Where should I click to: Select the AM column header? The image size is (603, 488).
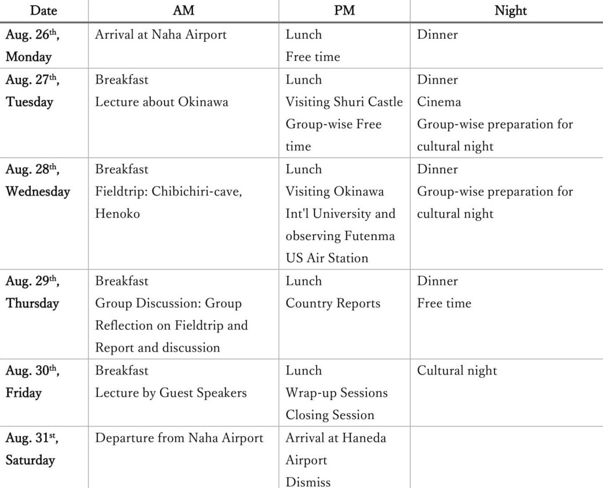click(183, 10)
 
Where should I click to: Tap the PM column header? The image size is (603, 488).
click(344, 10)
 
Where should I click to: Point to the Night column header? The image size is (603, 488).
click(510, 10)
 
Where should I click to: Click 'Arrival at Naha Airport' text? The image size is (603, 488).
click(161, 35)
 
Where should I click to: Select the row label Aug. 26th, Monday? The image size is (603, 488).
click(32, 45)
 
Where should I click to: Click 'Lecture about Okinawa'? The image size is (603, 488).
click(162, 102)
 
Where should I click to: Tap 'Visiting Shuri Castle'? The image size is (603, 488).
click(344, 102)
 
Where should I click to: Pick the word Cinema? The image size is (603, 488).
click(439, 102)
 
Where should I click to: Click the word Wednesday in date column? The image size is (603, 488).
click(38, 192)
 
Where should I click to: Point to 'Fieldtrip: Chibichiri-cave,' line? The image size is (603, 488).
click(168, 192)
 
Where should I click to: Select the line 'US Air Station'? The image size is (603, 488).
click(326, 258)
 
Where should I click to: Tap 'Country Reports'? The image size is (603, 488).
click(333, 304)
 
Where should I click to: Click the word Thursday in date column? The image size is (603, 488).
click(32, 304)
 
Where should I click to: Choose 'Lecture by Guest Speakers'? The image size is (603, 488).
click(171, 393)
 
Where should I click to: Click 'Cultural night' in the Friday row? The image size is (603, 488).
click(457, 371)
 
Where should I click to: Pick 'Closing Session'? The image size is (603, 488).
click(329, 415)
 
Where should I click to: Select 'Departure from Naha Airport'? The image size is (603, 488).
click(179, 438)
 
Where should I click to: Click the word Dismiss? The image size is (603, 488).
click(308, 482)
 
